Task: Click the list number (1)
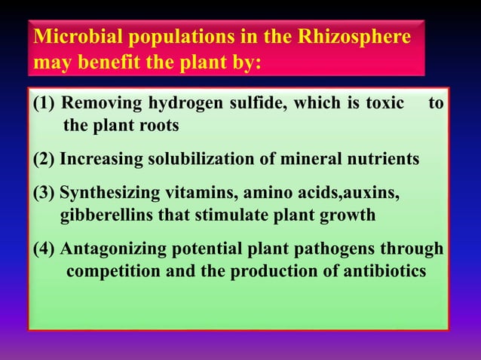point(44,105)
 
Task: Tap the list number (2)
point(44,160)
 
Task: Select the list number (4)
point(44,249)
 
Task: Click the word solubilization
point(196,160)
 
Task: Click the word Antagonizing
point(117,249)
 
